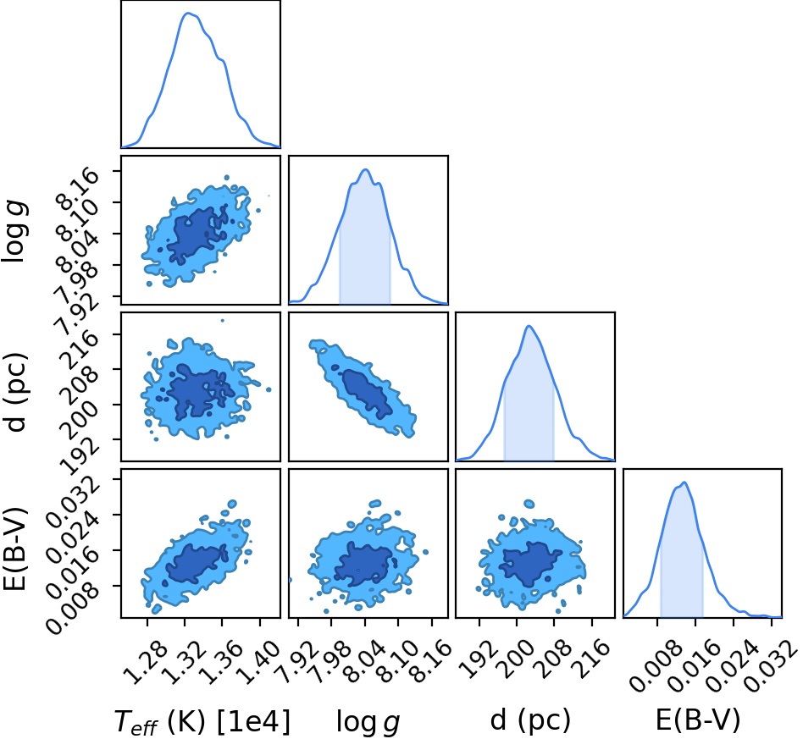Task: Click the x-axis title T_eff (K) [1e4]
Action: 202,721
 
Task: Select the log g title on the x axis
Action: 368,723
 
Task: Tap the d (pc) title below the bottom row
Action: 530,720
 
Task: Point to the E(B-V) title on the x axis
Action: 698,720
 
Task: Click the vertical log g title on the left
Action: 14,232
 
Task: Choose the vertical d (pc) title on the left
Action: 15,391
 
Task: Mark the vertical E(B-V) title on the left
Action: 14,548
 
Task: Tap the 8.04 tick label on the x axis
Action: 363,662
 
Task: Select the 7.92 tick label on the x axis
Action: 297,662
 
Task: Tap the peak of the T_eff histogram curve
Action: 188,14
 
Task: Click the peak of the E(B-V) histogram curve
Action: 684,483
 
